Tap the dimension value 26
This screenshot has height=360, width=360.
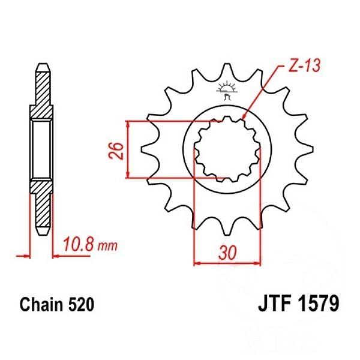coord(116,151)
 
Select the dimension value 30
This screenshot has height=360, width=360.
coord(227,253)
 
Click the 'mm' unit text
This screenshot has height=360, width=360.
coord(107,246)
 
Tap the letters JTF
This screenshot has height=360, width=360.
coord(276,304)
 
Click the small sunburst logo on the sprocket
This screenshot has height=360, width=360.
coord(226,90)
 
